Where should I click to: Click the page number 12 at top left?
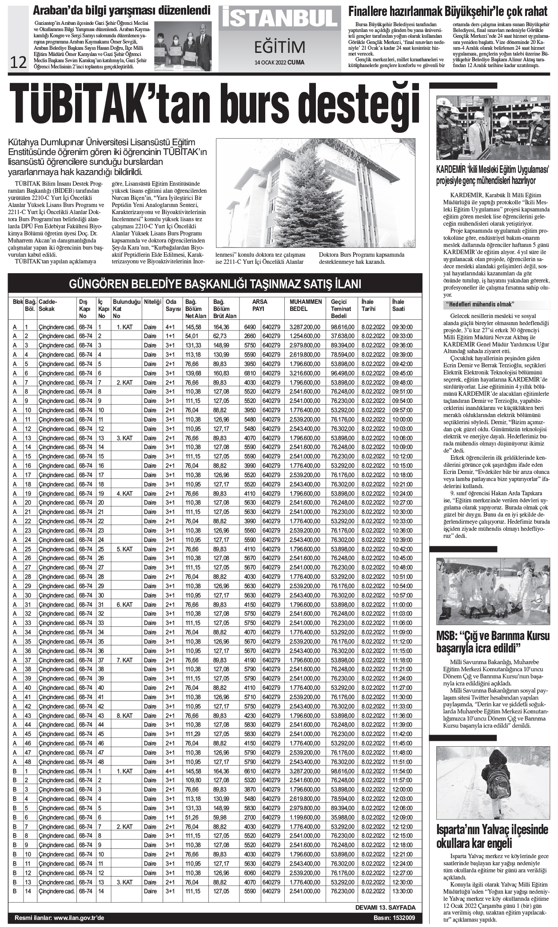coord(19,63)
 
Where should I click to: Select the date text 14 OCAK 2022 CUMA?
coord(279,62)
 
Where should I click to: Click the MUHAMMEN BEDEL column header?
coord(306,305)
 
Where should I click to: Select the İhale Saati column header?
coord(398,305)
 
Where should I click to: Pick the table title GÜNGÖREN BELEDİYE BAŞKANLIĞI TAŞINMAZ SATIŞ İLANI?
coord(215,284)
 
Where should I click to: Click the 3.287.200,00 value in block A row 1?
coord(304,327)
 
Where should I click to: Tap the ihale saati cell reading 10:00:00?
coord(402,419)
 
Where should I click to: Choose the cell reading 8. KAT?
coord(124,716)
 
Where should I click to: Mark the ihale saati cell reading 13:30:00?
coord(402,891)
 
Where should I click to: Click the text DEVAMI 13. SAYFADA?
coord(386,907)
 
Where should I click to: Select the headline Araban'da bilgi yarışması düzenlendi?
coord(116,10)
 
